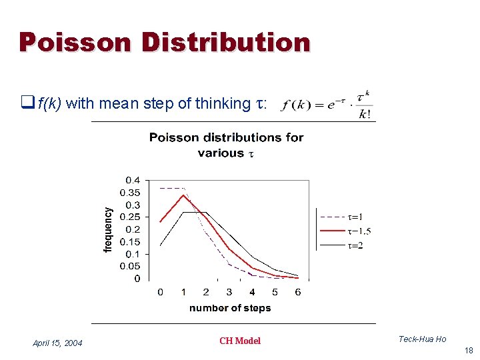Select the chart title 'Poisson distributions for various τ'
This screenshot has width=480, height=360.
(x=226, y=145)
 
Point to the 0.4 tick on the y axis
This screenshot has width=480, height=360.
(x=133, y=180)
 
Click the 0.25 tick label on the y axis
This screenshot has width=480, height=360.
(x=130, y=217)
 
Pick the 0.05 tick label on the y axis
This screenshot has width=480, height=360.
(x=130, y=267)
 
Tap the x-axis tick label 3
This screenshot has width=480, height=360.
(x=229, y=292)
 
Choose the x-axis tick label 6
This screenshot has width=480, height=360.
(x=298, y=292)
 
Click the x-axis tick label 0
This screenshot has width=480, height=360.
(x=160, y=292)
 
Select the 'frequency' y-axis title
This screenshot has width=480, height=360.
(x=108, y=229)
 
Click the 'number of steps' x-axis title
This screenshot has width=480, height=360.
(x=230, y=308)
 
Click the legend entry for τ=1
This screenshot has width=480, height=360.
(x=341, y=217)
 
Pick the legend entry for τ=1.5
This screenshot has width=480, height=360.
(x=341, y=231)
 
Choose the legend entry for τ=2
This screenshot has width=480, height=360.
(x=341, y=245)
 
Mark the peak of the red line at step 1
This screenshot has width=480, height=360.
(x=183, y=195)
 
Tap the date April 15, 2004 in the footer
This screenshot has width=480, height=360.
(x=57, y=343)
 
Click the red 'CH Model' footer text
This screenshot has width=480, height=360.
(x=240, y=341)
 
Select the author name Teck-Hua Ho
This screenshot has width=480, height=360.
(x=422, y=339)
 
